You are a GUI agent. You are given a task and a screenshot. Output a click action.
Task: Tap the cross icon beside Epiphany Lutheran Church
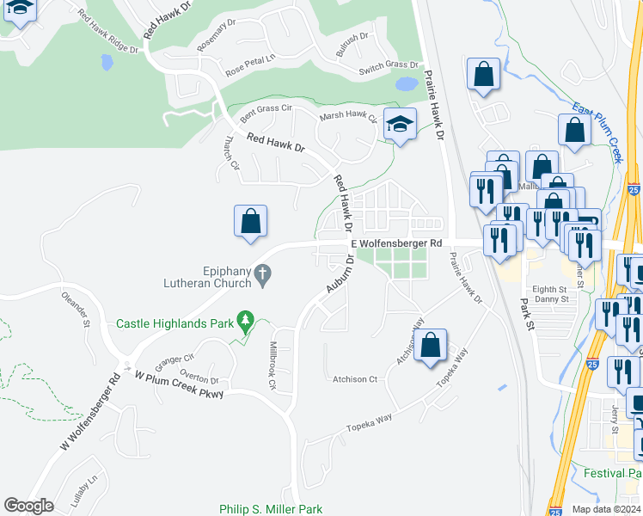coord(264,276)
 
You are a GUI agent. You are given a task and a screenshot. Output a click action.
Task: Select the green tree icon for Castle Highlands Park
coord(247,322)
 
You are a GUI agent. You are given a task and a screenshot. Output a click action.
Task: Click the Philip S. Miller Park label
coord(270,509)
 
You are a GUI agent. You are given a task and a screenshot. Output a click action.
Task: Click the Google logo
coord(28,506)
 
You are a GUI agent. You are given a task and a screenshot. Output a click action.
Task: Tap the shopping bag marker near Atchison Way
coord(432,346)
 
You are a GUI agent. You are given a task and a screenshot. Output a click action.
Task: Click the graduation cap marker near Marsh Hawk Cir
coord(400,125)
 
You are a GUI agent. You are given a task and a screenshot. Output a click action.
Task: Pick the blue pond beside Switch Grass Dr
coord(406,84)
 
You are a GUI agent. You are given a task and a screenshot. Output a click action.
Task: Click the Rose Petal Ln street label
coord(249,65)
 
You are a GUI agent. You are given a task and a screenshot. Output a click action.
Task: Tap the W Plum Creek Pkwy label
coord(179,384)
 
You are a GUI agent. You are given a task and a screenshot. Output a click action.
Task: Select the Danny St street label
coord(551,299)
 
